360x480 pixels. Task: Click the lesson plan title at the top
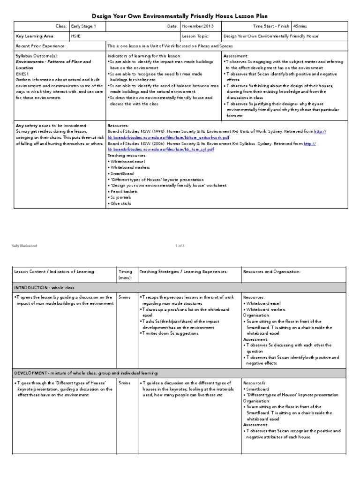[180, 15]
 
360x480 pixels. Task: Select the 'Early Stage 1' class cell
[83, 26]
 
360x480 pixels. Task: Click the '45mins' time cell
[300, 26]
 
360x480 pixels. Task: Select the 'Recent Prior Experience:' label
[41, 46]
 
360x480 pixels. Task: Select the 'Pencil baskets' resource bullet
[124, 191]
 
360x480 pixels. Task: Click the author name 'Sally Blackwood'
[25, 245]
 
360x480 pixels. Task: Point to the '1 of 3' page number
[180, 245]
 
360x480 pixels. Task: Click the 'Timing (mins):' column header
[126, 274]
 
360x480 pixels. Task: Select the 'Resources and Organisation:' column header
[272, 271]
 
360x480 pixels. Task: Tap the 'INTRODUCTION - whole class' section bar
[44, 287]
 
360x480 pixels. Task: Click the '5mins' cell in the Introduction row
[125, 297]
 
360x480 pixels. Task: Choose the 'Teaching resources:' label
[127, 155]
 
